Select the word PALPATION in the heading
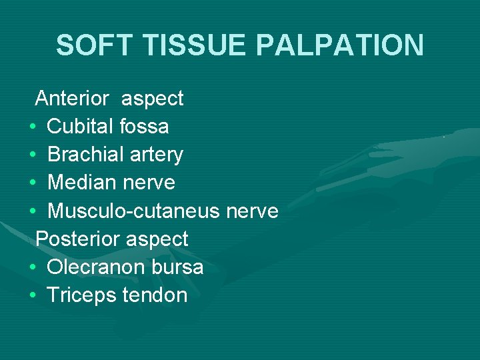click(340, 45)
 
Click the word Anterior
click(72, 99)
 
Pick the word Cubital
click(81, 127)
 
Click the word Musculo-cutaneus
click(133, 211)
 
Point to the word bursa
click(179, 267)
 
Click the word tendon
click(155, 295)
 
